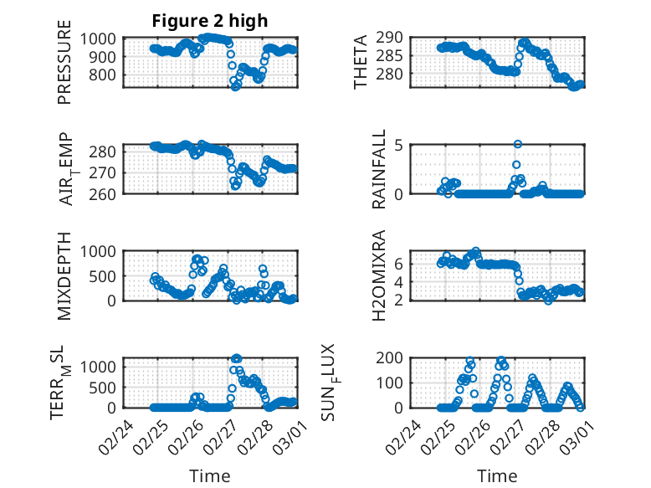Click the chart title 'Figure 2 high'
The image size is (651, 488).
(x=209, y=21)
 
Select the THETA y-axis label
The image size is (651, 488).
(x=361, y=62)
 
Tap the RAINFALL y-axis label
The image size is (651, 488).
(x=379, y=169)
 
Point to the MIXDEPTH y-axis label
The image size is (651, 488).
(x=64, y=275)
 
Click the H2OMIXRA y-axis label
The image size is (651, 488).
(x=379, y=275)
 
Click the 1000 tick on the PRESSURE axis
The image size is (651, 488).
(x=105, y=39)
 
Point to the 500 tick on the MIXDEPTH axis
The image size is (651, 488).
(x=109, y=275)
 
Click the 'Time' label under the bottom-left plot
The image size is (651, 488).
(x=209, y=476)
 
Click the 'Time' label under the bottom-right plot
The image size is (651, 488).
(x=497, y=476)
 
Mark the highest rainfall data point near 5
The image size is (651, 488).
(x=518, y=145)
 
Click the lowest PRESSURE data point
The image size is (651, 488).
(x=235, y=87)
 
